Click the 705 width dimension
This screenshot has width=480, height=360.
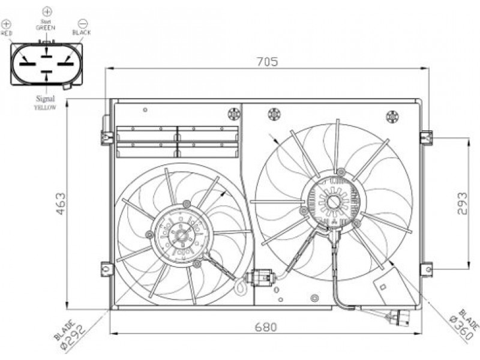(x=267, y=62)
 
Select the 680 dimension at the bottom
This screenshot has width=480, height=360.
(x=266, y=327)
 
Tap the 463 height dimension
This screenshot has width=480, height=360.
(x=61, y=203)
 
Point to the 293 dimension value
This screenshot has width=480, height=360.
(x=462, y=203)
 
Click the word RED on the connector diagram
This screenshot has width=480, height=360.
(x=6, y=33)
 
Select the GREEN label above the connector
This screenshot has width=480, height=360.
(x=46, y=28)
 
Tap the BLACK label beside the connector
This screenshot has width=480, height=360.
(x=82, y=32)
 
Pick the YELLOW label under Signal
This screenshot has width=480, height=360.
(x=45, y=107)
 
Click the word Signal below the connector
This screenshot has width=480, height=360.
(x=46, y=98)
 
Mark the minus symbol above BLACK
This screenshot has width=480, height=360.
(x=83, y=23)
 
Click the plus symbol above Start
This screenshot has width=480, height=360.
(x=47, y=12)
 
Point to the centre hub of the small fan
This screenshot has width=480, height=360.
(x=181, y=235)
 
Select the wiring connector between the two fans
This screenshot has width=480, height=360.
(x=262, y=277)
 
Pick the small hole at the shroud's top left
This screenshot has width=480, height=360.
(x=145, y=110)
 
